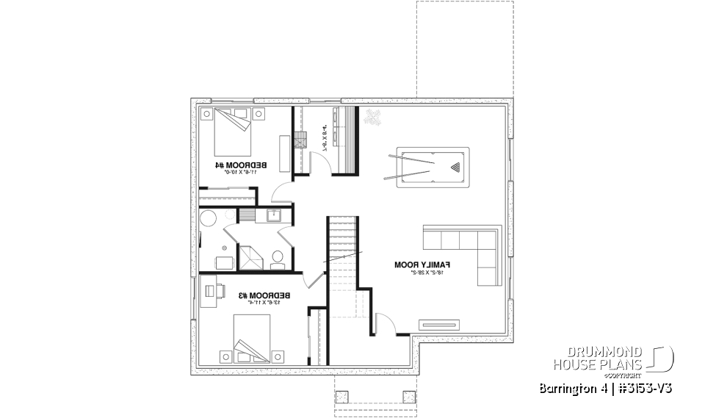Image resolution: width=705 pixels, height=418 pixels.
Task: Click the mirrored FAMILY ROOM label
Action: pyautogui.click(x=422, y=264)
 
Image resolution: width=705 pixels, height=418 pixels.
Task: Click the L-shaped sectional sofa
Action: pyautogui.click(x=470, y=250)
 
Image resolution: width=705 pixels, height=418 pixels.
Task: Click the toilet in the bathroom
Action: pyautogui.click(x=278, y=257)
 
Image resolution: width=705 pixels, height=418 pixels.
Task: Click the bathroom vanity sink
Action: pyautogui.click(x=273, y=216)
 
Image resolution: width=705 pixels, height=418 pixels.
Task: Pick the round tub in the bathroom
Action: pyautogui.click(x=209, y=219)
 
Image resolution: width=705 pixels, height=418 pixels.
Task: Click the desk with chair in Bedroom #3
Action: pyautogui.click(x=211, y=292)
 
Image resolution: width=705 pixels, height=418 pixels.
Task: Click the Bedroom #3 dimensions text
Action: pyautogui.click(x=264, y=302)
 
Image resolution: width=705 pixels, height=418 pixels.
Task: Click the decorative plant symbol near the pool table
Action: pyautogui.click(x=371, y=117)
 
